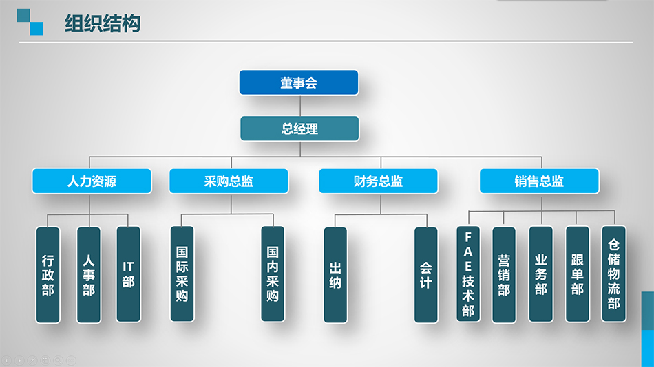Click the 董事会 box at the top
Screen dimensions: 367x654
299,82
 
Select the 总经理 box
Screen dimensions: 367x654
299,129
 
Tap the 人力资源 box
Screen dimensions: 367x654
92,181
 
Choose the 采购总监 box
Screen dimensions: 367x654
229,181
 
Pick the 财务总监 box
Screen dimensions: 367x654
378,181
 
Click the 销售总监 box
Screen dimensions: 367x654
539,181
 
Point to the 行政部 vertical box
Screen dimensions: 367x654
48,275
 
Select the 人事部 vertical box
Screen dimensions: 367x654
88,275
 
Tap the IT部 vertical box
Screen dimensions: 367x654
128,275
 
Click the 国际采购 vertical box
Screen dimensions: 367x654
182,275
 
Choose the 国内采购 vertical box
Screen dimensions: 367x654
273,275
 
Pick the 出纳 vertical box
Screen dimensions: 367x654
335,275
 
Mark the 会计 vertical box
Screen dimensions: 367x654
425,275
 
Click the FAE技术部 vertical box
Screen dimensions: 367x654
468,275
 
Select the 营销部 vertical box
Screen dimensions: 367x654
504,275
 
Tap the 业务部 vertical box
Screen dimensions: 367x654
540,275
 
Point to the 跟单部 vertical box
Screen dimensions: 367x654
577,275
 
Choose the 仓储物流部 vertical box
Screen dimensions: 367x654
613,275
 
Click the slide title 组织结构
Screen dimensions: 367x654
103,24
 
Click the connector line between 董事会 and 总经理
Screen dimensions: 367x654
300,105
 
